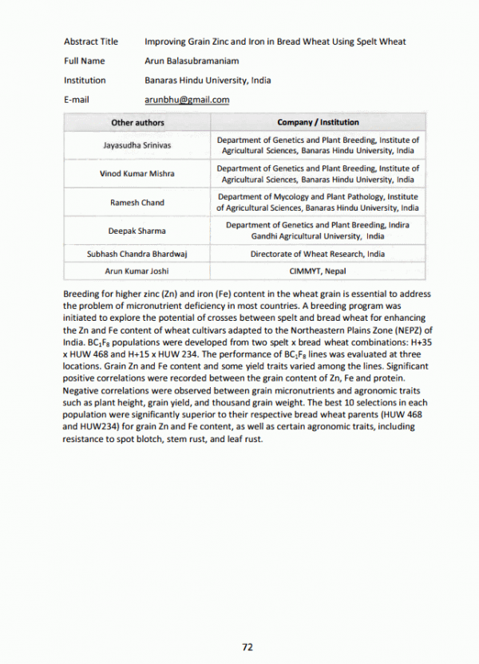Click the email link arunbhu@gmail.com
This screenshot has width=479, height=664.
187,100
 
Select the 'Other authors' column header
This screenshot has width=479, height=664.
137,122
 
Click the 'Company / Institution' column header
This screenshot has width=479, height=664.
318,122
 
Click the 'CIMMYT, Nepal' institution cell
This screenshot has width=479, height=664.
318,271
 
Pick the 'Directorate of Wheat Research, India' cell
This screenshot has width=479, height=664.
318,254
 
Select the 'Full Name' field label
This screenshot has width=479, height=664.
84,61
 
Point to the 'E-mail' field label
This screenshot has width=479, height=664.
77,100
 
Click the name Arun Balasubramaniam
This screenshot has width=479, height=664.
192,61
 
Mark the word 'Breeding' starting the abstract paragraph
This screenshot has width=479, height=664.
81,294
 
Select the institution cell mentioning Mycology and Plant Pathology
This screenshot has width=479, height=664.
318,203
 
